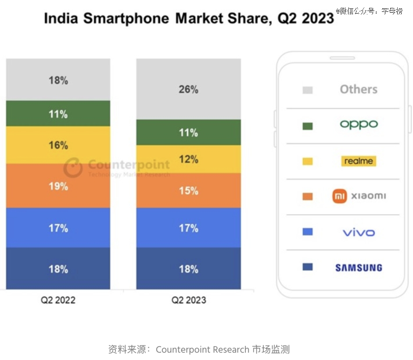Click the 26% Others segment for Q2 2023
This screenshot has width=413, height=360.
[188, 89]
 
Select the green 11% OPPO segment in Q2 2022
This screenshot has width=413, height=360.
[58, 114]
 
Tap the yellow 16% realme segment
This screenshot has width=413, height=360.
[58, 145]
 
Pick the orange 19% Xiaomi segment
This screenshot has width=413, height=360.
[58, 186]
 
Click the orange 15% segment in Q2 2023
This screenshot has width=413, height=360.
[188, 191]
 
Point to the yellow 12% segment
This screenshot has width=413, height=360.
[188, 159]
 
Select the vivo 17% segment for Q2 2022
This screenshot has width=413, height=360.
[58, 228]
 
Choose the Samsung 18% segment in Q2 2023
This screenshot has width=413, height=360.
[188, 269]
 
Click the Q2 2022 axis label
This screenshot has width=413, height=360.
[58, 300]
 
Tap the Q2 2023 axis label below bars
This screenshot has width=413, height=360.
[188, 300]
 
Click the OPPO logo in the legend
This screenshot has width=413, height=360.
[359, 124]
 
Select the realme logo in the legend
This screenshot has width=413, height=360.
[359, 161]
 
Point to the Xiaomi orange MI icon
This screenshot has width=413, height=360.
[339, 196]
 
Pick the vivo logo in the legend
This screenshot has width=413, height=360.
[359, 232]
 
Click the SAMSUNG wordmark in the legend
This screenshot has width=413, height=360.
[359, 267]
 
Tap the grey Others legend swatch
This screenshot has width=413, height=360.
[308, 90]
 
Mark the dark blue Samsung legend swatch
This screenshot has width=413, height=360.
[308, 266]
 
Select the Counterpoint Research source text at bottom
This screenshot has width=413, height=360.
[202, 349]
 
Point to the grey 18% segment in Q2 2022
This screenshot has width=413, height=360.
[58, 80]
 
